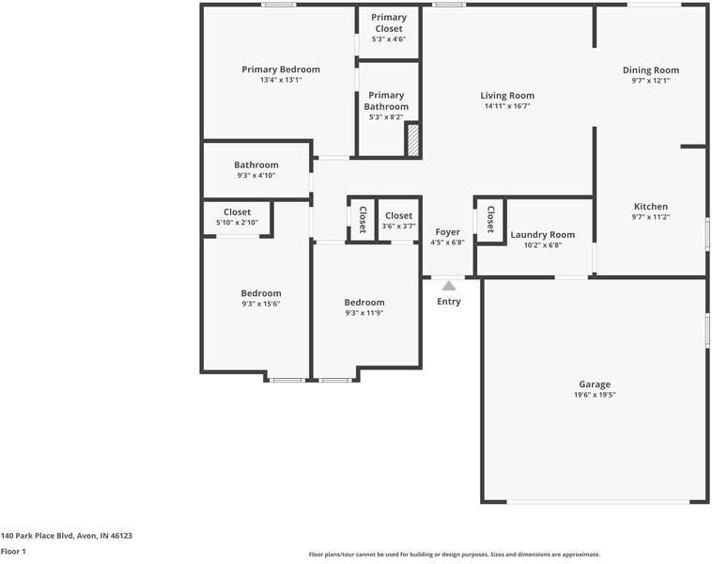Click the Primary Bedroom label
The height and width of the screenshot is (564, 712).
click(x=281, y=70)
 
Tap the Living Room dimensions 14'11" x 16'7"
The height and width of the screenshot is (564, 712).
click(x=507, y=106)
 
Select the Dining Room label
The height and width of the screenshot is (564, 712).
click(x=651, y=70)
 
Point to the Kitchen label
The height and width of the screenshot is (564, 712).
click(x=651, y=207)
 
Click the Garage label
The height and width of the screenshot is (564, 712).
click(x=595, y=384)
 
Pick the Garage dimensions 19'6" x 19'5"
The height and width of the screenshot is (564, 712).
click(x=595, y=396)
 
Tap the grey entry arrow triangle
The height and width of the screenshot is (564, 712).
click(x=449, y=286)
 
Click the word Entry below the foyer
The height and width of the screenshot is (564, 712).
click(x=449, y=302)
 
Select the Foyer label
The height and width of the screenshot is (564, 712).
click(x=447, y=232)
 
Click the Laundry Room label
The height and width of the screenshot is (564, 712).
click(x=542, y=235)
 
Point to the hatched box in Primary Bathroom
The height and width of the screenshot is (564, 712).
click(x=411, y=140)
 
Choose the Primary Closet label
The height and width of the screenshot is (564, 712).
click(x=388, y=23)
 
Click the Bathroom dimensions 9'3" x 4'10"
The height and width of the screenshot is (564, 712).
click(x=256, y=176)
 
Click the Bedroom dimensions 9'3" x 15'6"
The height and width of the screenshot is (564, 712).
click(x=260, y=304)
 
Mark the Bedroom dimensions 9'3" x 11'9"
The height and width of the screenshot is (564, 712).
click(x=364, y=313)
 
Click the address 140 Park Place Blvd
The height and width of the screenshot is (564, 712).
click(x=66, y=536)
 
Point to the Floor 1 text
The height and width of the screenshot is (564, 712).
click(x=13, y=552)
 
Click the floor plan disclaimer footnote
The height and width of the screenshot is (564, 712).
click(x=455, y=555)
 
